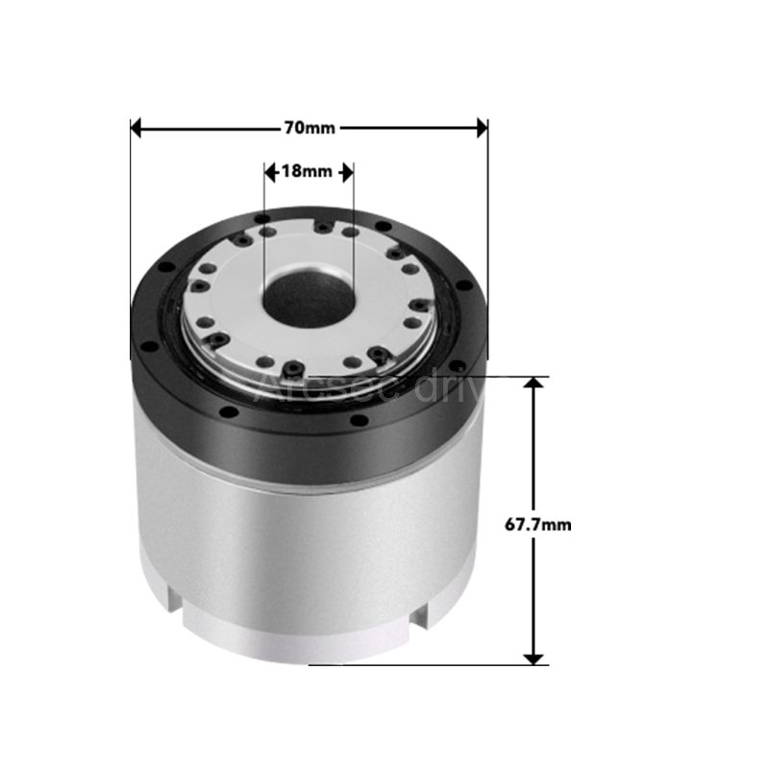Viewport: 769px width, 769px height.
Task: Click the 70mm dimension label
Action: (x=310, y=127)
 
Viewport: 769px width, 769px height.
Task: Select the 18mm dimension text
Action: (x=306, y=172)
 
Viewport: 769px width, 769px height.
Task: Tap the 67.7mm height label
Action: (x=538, y=524)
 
